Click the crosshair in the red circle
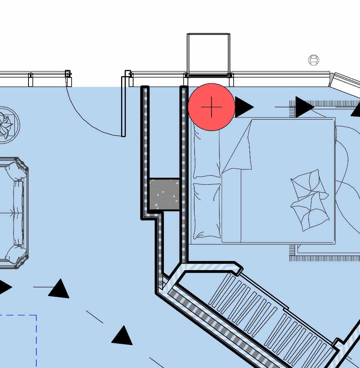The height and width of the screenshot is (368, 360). pyautogui.click(x=211, y=107)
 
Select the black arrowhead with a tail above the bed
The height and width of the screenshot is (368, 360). pyautogui.click(x=304, y=107)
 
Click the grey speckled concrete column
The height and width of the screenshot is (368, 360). pyautogui.click(x=164, y=194)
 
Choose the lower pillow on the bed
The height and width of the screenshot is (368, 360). pyautogui.click(x=207, y=211)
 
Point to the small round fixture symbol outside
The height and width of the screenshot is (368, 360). pyautogui.click(x=314, y=60)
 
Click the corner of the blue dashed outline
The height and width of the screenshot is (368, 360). pyautogui.click(x=36, y=315)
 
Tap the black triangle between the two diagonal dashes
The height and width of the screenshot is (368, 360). pyautogui.click(x=122, y=336)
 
